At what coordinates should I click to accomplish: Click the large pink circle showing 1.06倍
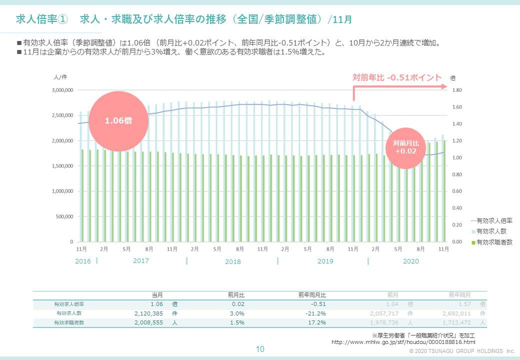click(x=118, y=120)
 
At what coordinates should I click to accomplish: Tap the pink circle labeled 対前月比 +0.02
click(x=405, y=146)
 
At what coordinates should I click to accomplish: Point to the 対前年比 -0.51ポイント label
click(x=397, y=77)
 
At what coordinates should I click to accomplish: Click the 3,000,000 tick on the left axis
click(x=62, y=90)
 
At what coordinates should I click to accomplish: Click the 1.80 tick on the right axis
click(x=457, y=90)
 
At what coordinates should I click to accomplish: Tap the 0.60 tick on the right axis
click(x=457, y=191)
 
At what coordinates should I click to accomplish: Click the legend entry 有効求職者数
click(x=494, y=242)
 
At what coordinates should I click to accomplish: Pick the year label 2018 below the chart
click(x=232, y=261)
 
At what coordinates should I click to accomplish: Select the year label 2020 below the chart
click(x=410, y=261)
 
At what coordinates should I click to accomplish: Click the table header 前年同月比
click(x=312, y=295)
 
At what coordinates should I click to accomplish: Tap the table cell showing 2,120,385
click(x=148, y=313)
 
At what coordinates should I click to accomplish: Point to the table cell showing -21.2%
click(x=315, y=313)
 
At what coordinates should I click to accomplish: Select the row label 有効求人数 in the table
click(x=69, y=313)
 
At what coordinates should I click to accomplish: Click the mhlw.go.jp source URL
click(x=403, y=342)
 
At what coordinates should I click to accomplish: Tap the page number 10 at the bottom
click(x=260, y=349)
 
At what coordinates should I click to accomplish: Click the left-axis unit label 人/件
click(x=59, y=77)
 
